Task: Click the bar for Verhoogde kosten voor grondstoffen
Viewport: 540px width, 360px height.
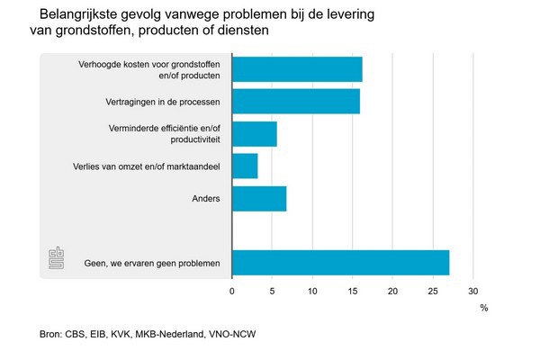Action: (x=297, y=69)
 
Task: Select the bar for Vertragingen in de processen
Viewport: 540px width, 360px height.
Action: (x=296, y=102)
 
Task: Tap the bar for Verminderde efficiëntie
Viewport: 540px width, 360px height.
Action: (x=255, y=134)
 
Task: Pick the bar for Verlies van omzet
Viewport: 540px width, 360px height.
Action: (x=245, y=166)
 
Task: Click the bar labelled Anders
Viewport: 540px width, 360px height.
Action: (x=259, y=199)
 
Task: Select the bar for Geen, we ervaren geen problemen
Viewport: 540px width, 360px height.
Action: (x=340, y=263)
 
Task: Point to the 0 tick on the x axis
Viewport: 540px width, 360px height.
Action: (x=232, y=291)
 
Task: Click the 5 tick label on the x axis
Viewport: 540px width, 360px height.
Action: (x=272, y=291)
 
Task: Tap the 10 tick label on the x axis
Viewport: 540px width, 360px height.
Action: (x=312, y=291)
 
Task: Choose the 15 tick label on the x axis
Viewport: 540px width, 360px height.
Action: (x=353, y=291)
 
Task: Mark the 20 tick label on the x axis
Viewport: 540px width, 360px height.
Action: (x=392, y=291)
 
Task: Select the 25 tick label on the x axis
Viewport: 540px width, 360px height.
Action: (x=433, y=291)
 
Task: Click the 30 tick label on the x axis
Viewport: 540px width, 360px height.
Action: (x=473, y=291)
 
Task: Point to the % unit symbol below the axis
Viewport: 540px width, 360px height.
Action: (x=483, y=309)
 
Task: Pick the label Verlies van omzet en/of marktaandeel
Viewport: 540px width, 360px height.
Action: (x=148, y=166)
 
